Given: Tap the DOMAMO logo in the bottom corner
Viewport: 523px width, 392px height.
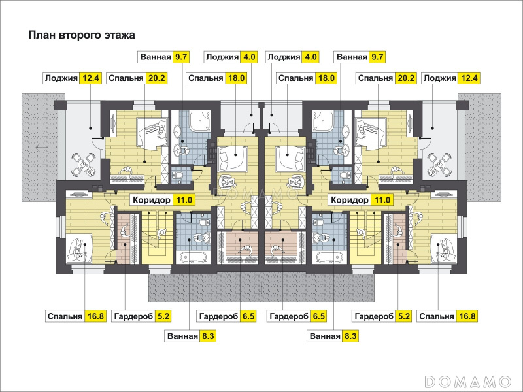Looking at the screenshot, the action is point(468,381).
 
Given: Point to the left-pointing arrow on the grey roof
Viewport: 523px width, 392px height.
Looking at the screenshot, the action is point(41,147).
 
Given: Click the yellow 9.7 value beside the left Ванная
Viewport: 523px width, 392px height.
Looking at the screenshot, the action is point(181,57).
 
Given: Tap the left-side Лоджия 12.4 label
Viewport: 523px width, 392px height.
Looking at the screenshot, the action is point(72,78).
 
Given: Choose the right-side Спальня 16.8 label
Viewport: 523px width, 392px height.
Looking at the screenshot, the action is point(447,316).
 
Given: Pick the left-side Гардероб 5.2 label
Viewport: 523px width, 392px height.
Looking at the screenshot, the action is point(141,316).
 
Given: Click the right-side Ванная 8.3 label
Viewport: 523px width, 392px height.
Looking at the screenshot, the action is point(333,336).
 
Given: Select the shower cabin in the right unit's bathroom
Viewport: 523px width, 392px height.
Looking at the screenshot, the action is point(322,120).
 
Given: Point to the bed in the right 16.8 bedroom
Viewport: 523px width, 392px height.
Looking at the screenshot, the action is point(443,248).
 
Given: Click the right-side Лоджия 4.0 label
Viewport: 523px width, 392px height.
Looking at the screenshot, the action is point(292,57).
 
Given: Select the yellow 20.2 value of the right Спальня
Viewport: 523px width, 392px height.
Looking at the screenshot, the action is point(405,78).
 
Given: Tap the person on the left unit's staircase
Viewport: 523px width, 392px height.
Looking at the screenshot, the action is point(161,233).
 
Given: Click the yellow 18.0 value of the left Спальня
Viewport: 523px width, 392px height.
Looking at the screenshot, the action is point(237,78).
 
